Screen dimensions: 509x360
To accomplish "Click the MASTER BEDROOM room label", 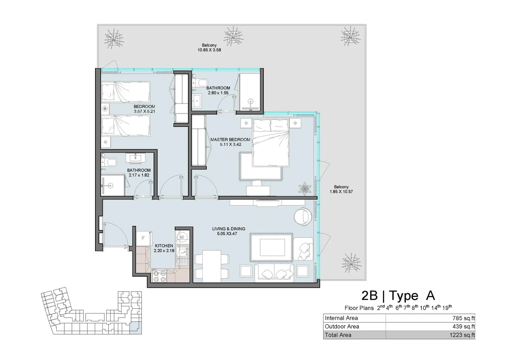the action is click(230, 139).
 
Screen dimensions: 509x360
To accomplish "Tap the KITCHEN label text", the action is click(164, 246).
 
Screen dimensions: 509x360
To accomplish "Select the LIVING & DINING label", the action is click(229, 229).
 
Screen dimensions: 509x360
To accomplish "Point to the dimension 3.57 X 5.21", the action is click(144, 111).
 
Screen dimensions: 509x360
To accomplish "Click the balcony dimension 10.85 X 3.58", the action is click(209, 50).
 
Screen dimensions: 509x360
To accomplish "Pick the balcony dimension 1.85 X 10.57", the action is click(341, 192).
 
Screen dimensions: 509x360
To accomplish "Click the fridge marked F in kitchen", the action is click(143, 238).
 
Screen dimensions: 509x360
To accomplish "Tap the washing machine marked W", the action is click(182, 237).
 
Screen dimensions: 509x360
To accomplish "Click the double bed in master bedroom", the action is click(271, 143).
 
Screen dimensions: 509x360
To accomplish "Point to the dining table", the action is click(212, 266).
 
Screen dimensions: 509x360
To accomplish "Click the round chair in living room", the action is click(303, 217).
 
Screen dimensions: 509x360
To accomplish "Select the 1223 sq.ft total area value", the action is click(462, 335).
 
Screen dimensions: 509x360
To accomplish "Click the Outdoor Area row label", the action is click(342, 327).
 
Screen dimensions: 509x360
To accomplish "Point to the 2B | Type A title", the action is click(398, 296).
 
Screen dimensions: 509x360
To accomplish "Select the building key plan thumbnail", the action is click(91, 311).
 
